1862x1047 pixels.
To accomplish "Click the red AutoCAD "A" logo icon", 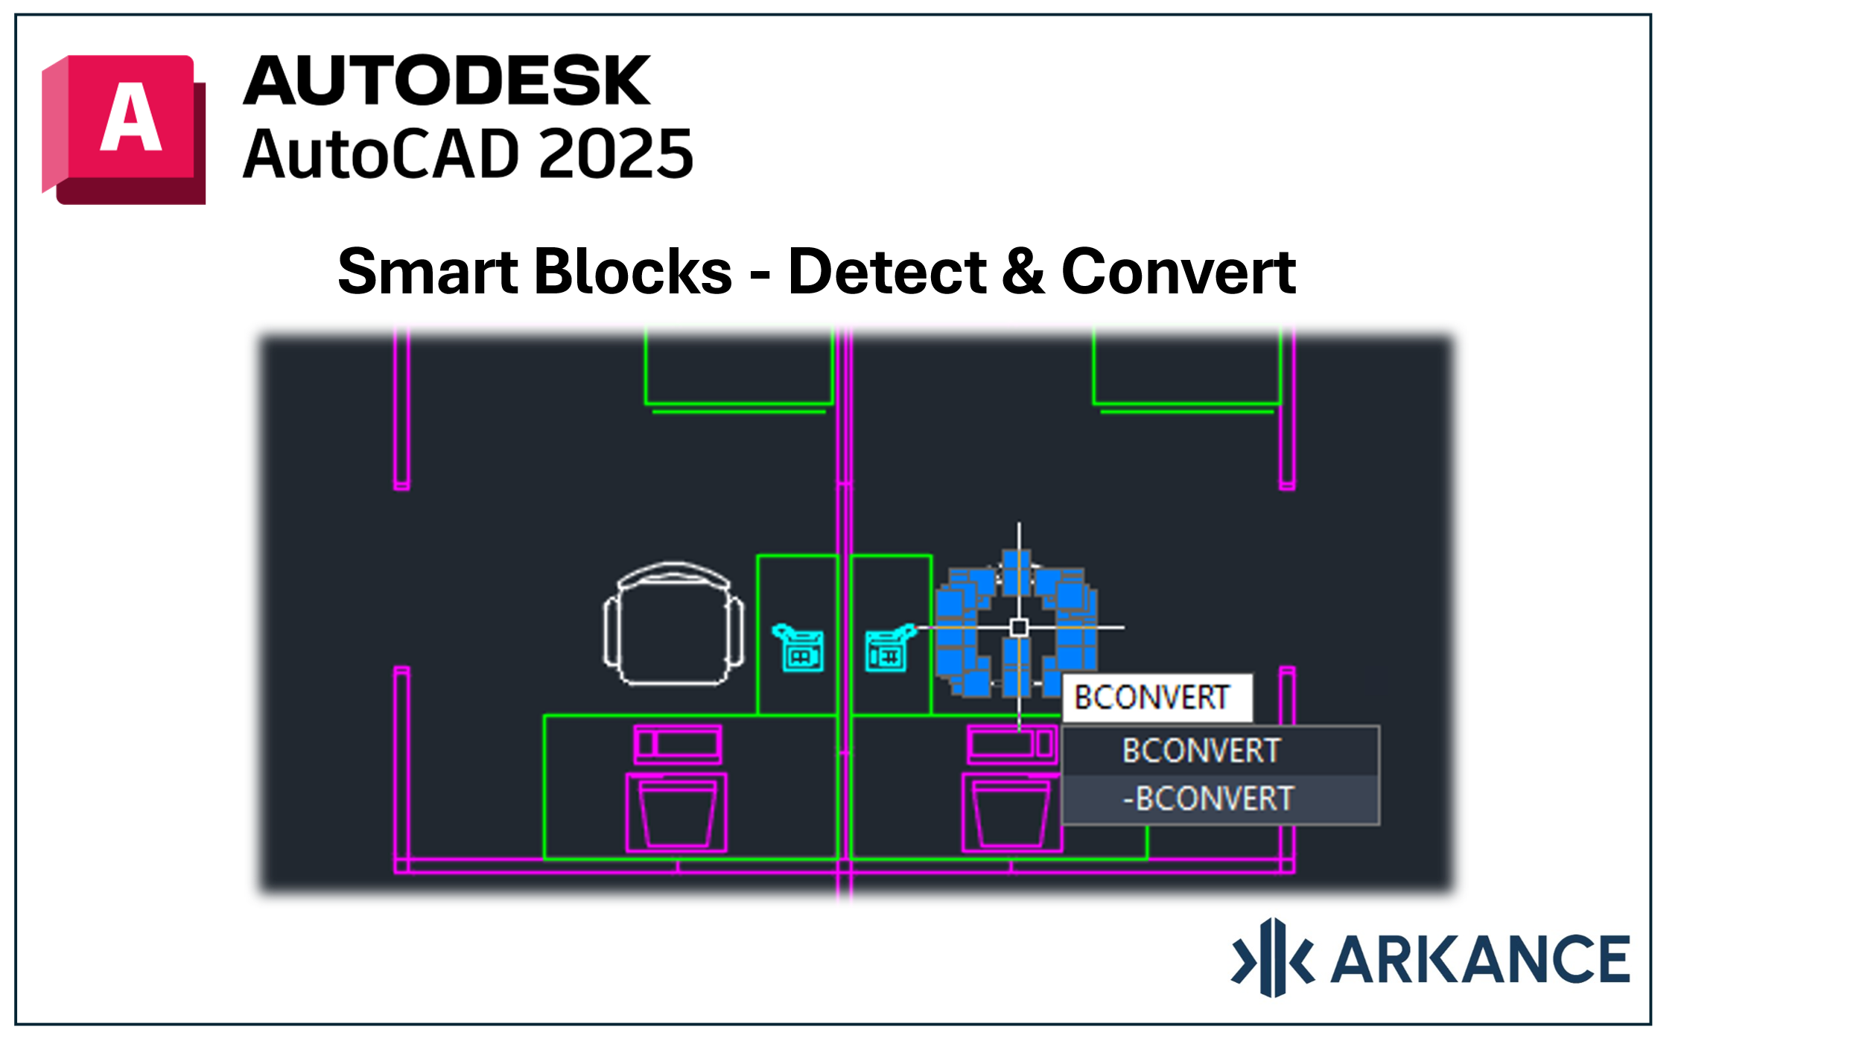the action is [x=124, y=129].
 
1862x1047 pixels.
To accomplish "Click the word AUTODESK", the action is [x=447, y=80].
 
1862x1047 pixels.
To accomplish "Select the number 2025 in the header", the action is [x=616, y=153].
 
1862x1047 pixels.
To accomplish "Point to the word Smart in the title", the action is [x=428, y=271].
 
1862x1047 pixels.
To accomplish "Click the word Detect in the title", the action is [x=887, y=271].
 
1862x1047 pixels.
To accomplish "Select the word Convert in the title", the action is [x=1178, y=271].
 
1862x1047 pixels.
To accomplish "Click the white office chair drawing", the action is [x=673, y=624].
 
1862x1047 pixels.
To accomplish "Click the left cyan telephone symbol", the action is [x=798, y=648].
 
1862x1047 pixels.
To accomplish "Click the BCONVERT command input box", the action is [x=1157, y=698].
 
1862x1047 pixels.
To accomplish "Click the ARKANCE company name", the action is [x=1480, y=959].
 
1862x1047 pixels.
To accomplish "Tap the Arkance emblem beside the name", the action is [x=1273, y=958].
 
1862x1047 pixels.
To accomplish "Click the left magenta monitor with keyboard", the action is [x=676, y=788].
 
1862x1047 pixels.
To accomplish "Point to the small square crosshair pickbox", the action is [x=1019, y=628].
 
